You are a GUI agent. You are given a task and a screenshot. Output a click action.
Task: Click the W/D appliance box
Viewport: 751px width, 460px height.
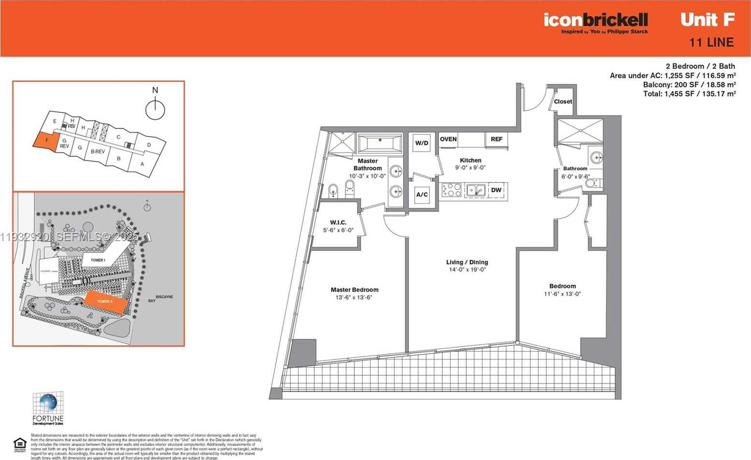click(x=422, y=143)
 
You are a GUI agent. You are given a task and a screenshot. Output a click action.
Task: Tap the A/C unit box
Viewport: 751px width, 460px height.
click(x=422, y=195)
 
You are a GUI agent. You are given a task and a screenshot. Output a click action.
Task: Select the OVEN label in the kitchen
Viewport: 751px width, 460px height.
click(x=448, y=139)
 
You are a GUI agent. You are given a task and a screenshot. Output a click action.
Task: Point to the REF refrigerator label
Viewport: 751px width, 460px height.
click(x=496, y=139)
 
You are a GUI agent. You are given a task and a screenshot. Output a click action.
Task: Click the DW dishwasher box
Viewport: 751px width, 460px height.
click(x=496, y=190)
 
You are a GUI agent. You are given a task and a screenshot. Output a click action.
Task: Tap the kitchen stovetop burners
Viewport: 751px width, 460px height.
click(x=451, y=190)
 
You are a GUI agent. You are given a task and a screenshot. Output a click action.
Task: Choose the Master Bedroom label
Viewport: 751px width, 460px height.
click(x=354, y=290)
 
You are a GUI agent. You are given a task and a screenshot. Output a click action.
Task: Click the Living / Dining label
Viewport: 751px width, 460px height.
click(x=467, y=262)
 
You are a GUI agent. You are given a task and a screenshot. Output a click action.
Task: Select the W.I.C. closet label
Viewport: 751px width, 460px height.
click(x=338, y=223)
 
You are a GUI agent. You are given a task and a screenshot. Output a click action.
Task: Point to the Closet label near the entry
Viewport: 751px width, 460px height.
click(x=563, y=101)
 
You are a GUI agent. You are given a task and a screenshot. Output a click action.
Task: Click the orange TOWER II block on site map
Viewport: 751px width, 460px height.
click(x=105, y=302)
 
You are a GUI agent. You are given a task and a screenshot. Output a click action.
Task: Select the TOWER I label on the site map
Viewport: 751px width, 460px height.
click(x=98, y=260)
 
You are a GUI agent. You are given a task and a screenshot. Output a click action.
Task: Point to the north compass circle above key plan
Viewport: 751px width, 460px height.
click(x=155, y=110)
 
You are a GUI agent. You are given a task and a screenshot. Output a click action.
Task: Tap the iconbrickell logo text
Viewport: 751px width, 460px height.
click(x=595, y=20)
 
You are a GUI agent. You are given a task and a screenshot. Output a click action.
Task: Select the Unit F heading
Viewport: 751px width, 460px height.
click(x=708, y=20)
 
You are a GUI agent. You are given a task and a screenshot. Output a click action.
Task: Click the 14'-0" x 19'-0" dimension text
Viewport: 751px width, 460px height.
click(x=467, y=270)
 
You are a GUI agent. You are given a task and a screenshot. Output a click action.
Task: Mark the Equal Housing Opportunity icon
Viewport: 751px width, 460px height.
click(x=20, y=443)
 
